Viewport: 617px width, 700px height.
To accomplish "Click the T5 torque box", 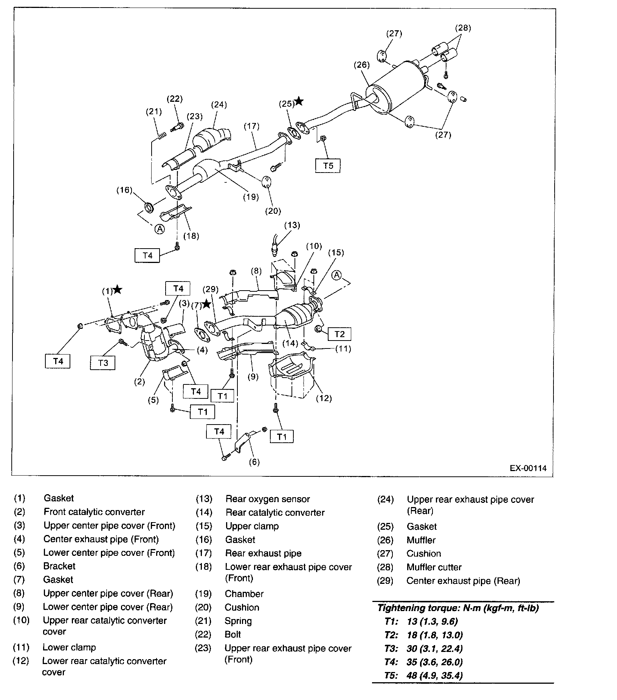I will [328, 165].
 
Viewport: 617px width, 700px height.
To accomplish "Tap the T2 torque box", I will [339, 334].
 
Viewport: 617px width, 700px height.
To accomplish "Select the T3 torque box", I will [103, 363].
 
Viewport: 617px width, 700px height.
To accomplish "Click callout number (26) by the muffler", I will [361, 65].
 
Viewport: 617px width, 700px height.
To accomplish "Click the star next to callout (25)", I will [299, 101].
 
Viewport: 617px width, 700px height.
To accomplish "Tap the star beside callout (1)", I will [118, 289].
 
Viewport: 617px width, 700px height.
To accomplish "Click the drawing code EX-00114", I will [528, 468].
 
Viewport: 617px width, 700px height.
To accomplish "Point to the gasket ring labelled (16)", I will [150, 207].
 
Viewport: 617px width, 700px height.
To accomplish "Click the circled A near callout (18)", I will [160, 229].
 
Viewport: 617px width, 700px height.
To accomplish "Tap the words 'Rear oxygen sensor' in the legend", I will [267, 499].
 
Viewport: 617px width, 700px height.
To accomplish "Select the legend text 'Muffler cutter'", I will [434, 567].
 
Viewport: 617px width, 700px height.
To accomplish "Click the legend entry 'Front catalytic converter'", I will [94, 512].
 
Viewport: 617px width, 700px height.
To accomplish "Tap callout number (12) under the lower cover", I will [324, 398].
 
